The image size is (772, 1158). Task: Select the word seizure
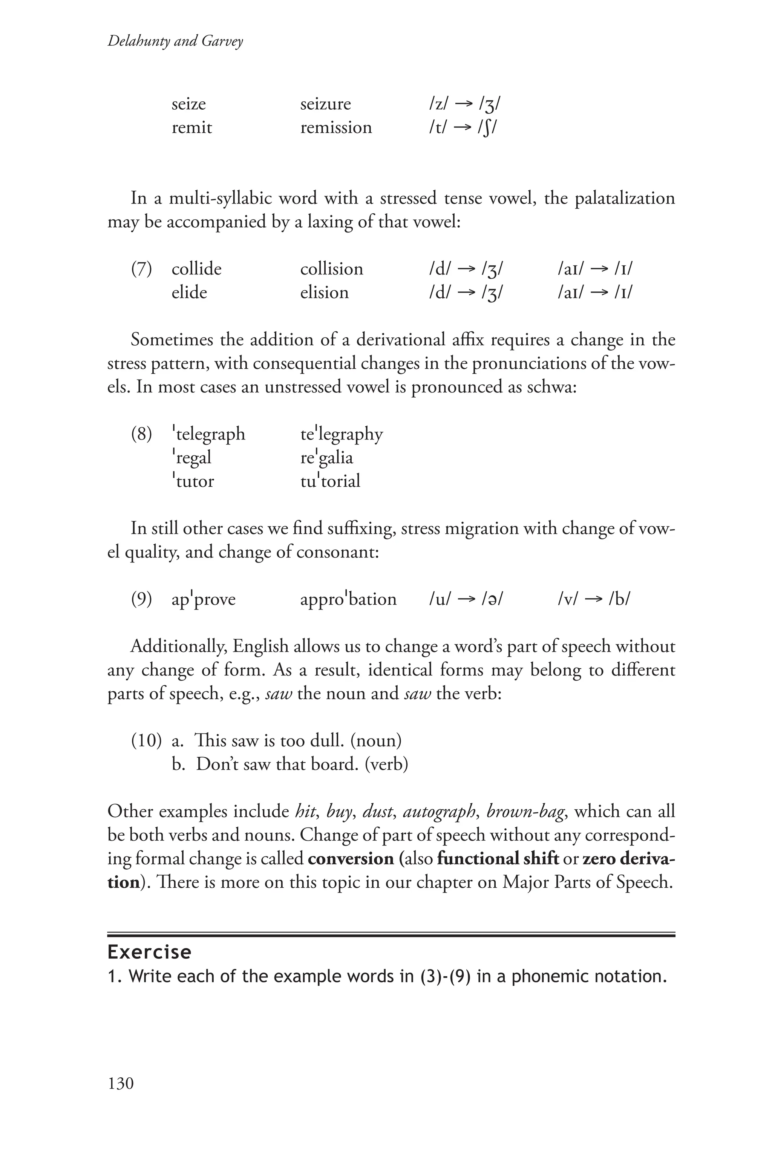pyautogui.click(x=325, y=104)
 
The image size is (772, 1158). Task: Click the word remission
pyautogui.click(x=336, y=127)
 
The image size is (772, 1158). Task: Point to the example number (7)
pyautogui.click(x=141, y=269)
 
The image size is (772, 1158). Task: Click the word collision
pyautogui.click(x=331, y=269)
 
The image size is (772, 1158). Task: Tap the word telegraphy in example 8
pyautogui.click(x=341, y=434)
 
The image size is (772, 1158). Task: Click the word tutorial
pyautogui.click(x=330, y=481)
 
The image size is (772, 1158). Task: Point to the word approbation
pyautogui.click(x=348, y=599)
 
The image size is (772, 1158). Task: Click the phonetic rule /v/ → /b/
pyautogui.click(x=594, y=599)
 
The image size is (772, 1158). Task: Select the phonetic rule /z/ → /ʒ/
pyautogui.click(x=464, y=104)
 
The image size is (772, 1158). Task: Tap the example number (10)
pyautogui.click(x=146, y=740)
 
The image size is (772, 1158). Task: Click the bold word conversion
pyautogui.click(x=351, y=859)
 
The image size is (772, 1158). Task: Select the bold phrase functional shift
pyautogui.click(x=497, y=859)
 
